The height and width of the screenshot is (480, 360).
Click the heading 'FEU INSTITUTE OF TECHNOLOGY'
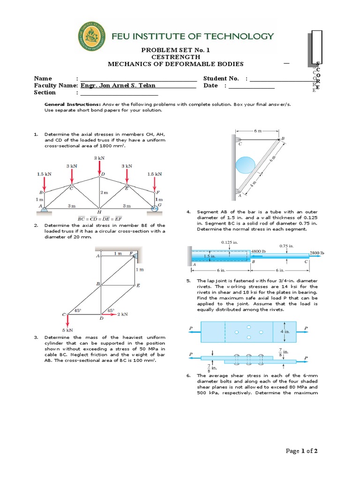click(x=192, y=36)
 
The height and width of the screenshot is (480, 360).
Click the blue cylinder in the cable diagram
click(x=246, y=168)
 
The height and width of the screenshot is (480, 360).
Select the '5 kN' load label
click(x=68, y=330)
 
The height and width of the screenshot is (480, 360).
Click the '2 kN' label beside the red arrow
click(x=123, y=314)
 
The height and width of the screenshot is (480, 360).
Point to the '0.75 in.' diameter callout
click(x=286, y=245)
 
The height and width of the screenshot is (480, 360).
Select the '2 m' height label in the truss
click(x=104, y=193)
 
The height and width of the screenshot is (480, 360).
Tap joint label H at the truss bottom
click(x=99, y=212)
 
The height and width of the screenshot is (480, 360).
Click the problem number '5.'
click(x=188, y=281)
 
